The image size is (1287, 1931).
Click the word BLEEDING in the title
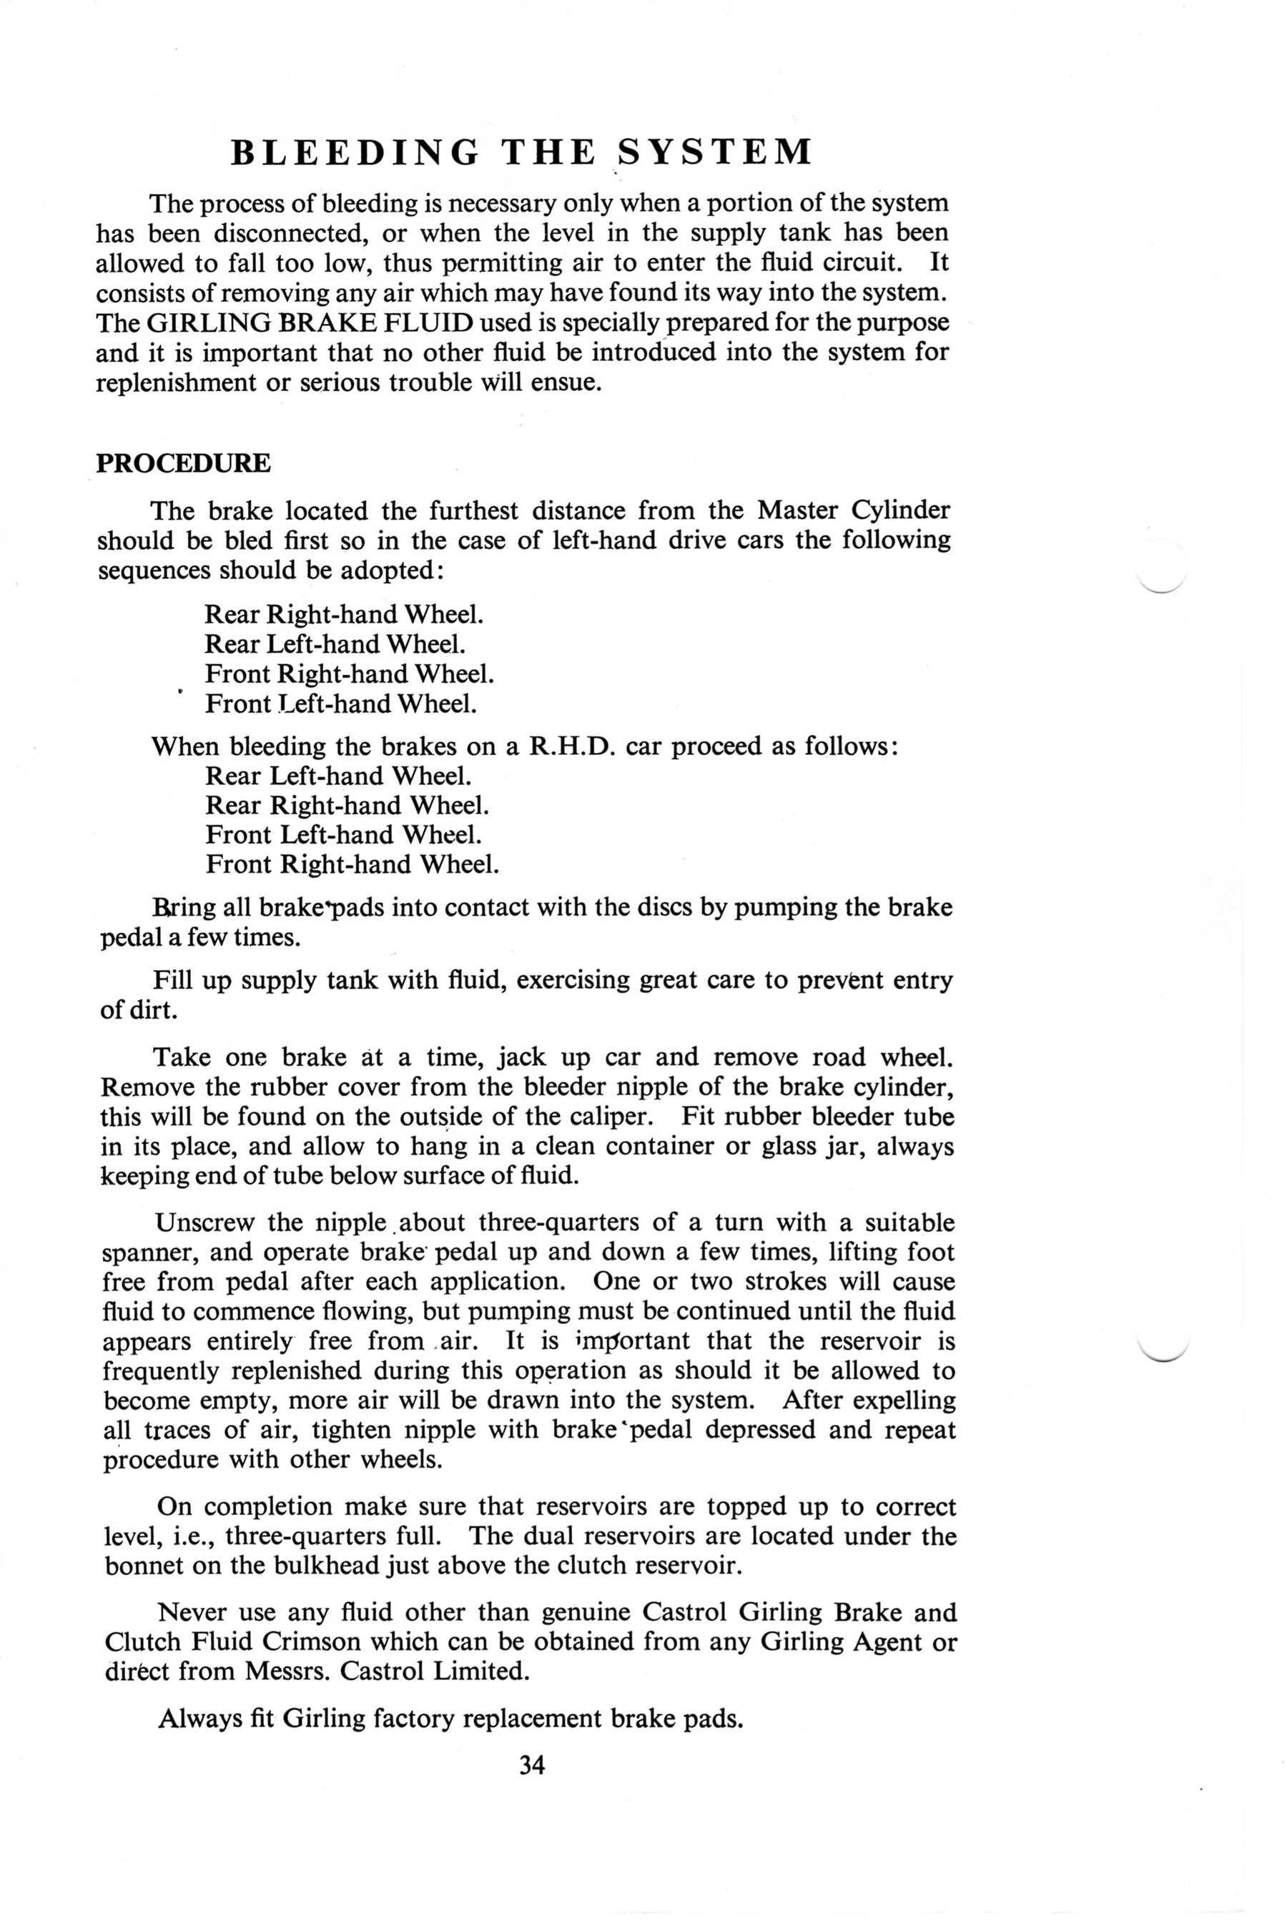355,153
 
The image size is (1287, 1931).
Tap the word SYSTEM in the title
714,153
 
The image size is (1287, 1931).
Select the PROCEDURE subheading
183,464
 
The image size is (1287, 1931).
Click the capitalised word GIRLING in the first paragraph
204,322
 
